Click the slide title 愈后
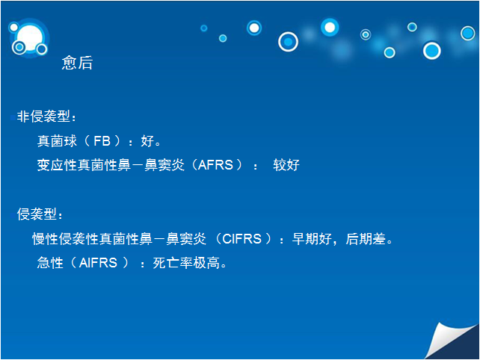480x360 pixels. coord(77,63)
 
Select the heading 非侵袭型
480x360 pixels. coord(43,117)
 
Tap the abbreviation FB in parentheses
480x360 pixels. coord(102,141)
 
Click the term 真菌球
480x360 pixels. coord(57,141)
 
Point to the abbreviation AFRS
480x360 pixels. coord(215,165)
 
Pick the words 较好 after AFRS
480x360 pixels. coord(286,165)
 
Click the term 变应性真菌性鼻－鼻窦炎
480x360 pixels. coord(111,165)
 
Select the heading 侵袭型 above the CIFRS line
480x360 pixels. coord(37,214)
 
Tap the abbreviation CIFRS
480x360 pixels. coord(241,239)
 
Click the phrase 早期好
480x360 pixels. coord(312,239)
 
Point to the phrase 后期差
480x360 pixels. coord(366,239)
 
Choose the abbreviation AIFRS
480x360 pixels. coord(98,263)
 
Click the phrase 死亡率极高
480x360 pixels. coord(186,263)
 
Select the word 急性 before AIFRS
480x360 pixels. coord(50,263)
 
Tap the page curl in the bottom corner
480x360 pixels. coord(452,341)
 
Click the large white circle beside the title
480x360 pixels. coord(30,37)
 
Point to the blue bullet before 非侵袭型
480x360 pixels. coord(13,117)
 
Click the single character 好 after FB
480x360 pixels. coord(147,141)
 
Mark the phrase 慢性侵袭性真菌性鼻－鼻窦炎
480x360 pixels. coord(120,239)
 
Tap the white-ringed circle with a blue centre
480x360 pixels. coord(288,42)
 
